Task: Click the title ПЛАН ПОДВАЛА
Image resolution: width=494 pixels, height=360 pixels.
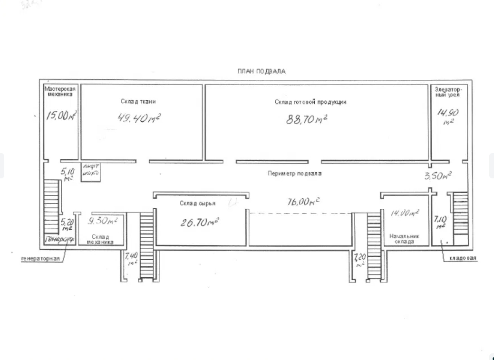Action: coord(262,71)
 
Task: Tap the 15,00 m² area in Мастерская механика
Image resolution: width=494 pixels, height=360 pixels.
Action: coord(61,116)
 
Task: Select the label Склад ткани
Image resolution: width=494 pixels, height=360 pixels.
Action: coord(138,101)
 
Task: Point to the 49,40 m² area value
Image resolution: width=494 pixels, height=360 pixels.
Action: coord(138,117)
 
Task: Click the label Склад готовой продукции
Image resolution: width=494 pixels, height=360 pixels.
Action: coord(310,102)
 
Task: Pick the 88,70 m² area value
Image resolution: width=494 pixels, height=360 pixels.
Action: coord(307,119)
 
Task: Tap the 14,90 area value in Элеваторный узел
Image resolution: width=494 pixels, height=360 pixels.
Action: coord(447,113)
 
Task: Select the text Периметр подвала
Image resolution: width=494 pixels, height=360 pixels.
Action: coord(295,174)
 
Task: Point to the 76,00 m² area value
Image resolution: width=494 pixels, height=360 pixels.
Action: coord(302,202)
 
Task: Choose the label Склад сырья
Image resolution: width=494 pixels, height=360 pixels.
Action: coord(197,204)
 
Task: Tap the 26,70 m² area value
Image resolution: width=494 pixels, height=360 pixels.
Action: coord(199,221)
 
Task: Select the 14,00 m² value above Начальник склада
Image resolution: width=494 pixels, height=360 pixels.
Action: coord(404,214)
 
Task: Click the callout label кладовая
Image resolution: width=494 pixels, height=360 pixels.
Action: coord(462,259)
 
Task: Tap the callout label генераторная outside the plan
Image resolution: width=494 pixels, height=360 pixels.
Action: coord(40,259)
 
